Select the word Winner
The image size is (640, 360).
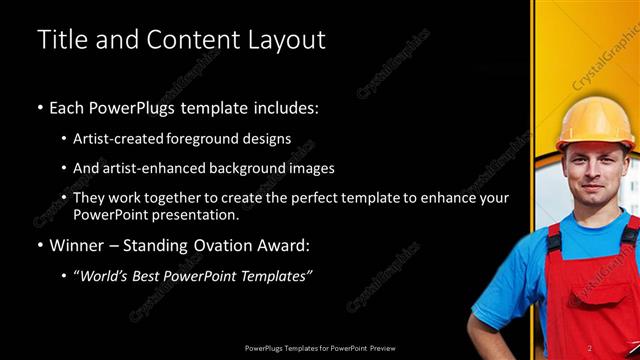point(78,245)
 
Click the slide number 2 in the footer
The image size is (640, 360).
point(618,348)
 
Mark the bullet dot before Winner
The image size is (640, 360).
point(40,245)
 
